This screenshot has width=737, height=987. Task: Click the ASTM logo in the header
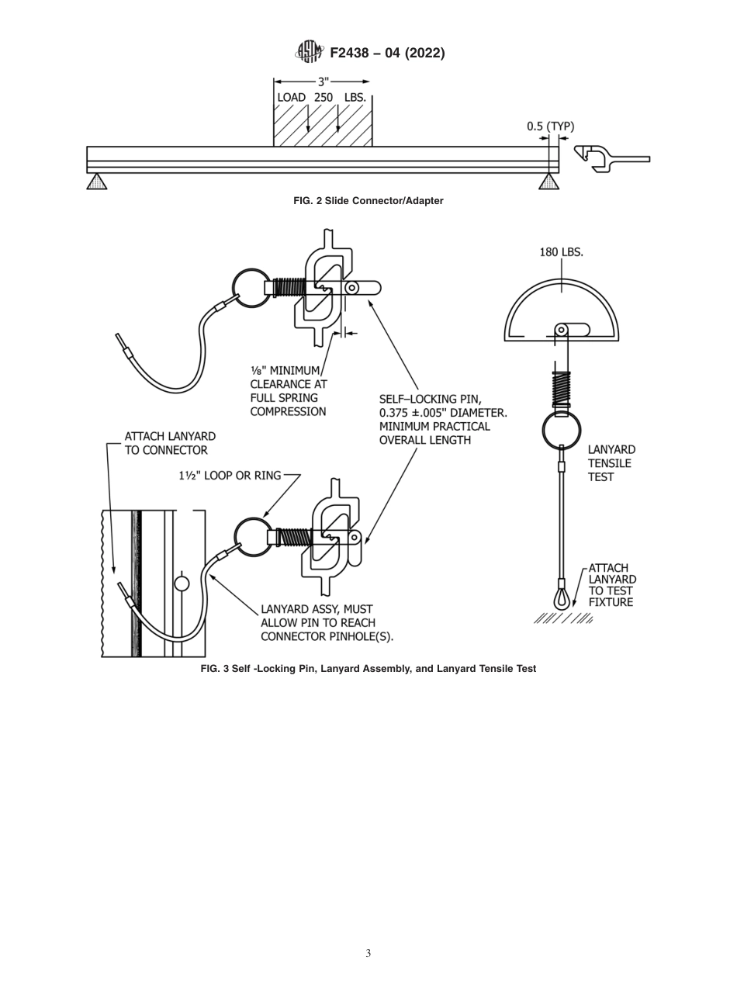309,52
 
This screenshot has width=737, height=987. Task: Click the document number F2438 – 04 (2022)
387,53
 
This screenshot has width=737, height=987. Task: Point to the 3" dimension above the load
322,81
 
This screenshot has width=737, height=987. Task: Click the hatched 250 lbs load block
323,121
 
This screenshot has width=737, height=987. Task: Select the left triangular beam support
96,182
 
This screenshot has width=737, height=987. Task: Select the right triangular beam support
548,182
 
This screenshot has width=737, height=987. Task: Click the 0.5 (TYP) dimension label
550,126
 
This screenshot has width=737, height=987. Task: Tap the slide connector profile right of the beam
609,158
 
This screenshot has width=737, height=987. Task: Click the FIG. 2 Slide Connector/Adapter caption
368,201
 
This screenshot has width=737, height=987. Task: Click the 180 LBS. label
561,252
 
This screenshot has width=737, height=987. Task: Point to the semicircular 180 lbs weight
561,306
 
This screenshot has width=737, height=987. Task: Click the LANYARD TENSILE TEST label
611,463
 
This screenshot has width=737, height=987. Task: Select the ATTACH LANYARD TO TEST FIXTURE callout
611,585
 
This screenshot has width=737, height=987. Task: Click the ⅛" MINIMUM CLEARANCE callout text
288,391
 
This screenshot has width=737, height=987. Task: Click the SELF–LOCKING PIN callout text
442,420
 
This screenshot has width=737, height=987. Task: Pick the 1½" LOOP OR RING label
230,475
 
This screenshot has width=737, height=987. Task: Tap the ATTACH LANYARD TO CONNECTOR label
170,443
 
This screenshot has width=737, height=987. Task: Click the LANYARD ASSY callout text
327,623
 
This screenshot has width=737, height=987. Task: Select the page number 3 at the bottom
368,953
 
